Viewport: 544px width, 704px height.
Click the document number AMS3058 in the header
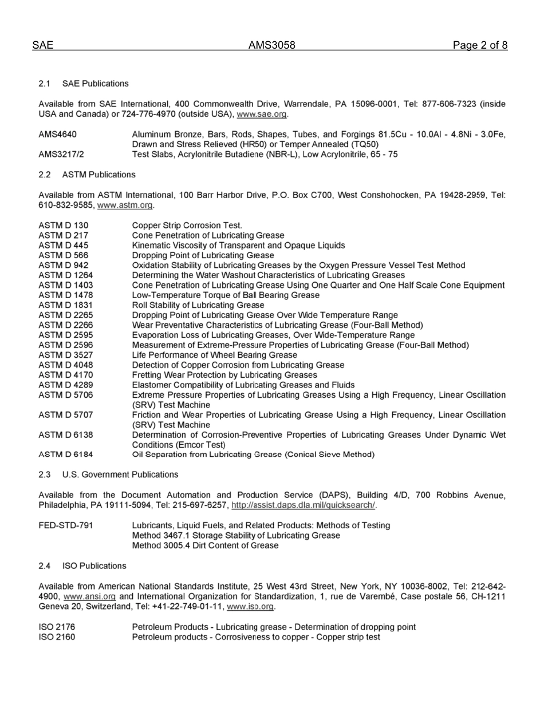tap(271, 45)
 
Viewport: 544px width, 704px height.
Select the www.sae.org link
tap(262, 114)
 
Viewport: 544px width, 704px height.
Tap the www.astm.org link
tap(125, 205)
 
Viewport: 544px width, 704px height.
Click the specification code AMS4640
tap(58, 135)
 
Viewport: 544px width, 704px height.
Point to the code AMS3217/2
tap(61, 154)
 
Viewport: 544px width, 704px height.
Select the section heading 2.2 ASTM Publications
tap(87, 175)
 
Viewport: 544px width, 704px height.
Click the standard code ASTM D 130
tap(64, 226)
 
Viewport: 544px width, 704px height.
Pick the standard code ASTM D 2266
tap(66, 325)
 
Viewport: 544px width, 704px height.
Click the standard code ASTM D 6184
tap(66, 454)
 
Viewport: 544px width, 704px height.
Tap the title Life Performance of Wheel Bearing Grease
tap(215, 355)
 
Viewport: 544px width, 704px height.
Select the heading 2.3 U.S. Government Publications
tap(108, 474)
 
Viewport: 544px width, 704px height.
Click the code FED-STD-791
tap(66, 525)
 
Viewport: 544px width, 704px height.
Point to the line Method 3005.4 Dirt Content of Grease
tap(206, 545)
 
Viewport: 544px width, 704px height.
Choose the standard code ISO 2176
tap(57, 627)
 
